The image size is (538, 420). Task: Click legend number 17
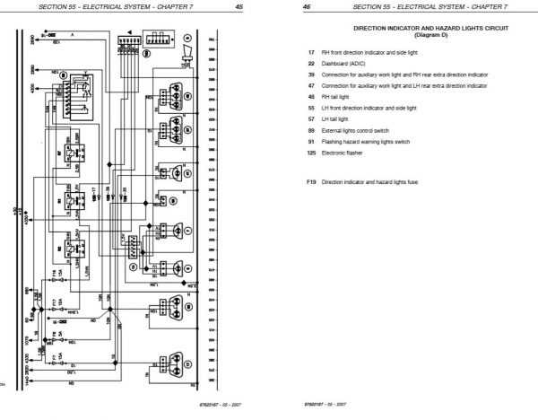click(309, 55)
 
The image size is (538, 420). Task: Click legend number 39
click(309, 74)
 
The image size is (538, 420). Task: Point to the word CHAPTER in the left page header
click(179, 7)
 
